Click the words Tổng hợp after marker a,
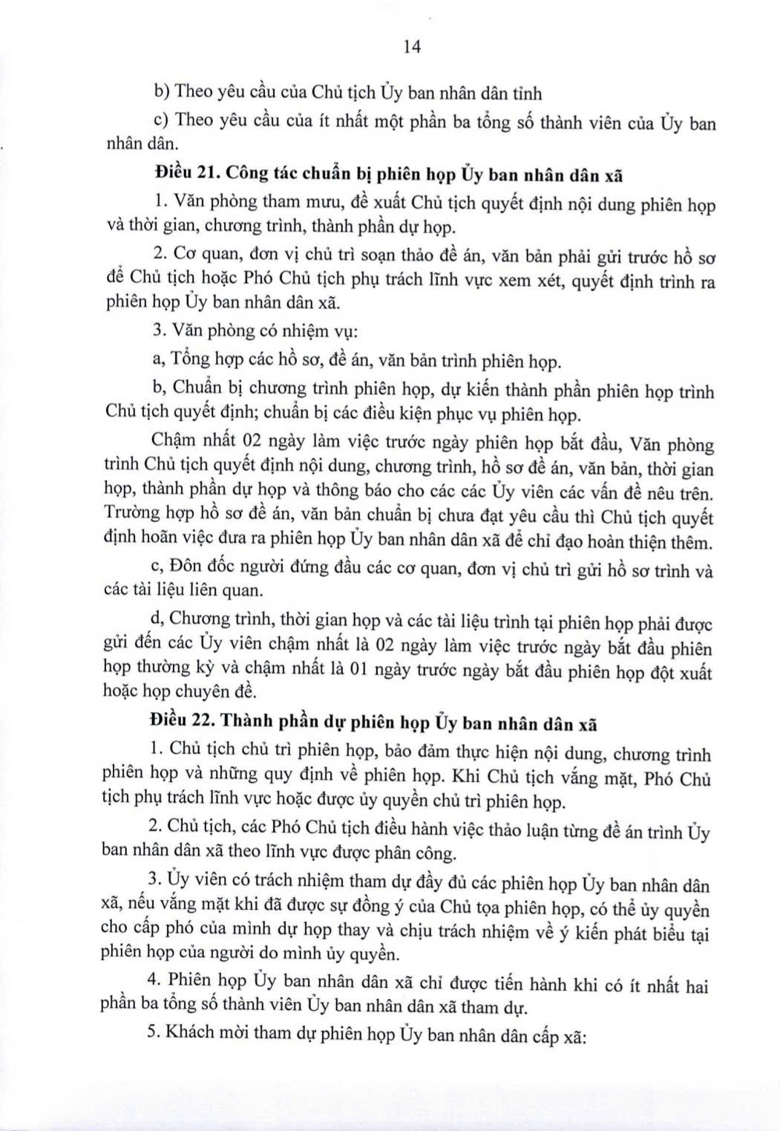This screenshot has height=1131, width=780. (x=202, y=361)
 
